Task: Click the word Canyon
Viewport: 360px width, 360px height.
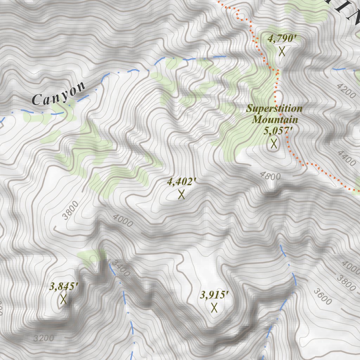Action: [58, 94]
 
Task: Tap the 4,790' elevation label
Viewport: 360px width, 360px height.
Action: [280, 39]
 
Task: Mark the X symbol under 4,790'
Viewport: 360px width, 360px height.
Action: [282, 51]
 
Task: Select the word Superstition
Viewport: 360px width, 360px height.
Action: [274, 108]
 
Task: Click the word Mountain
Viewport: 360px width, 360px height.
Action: [275, 120]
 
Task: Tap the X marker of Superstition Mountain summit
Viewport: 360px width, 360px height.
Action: [274, 143]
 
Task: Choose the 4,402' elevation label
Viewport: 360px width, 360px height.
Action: [181, 182]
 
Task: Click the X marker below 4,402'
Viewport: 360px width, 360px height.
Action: [181, 194]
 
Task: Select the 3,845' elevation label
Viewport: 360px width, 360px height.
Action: [64, 287]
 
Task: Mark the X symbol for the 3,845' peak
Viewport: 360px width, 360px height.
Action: [64, 300]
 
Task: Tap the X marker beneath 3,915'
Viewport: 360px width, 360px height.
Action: [214, 308]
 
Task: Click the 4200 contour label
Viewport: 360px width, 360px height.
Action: [346, 91]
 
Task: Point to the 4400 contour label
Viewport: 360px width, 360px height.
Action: [346, 158]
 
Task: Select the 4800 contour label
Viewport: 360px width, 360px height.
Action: [270, 176]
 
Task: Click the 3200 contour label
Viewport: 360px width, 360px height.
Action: [44, 339]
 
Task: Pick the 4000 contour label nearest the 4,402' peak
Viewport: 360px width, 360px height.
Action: [123, 221]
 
